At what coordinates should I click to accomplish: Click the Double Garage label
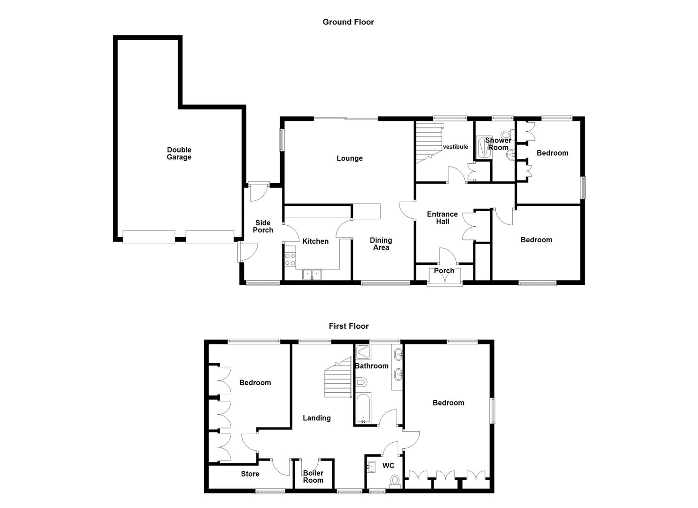[179, 153]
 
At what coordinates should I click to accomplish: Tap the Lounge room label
[349, 159]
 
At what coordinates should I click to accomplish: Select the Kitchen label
[315, 241]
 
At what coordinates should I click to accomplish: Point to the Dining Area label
[381, 244]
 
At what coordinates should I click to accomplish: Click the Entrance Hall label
[442, 218]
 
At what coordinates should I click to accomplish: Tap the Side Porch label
[263, 226]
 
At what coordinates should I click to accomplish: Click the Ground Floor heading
[348, 22]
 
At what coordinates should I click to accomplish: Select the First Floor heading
[348, 326]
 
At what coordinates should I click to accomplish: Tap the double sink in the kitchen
[312, 274]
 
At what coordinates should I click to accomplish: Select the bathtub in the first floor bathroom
[364, 408]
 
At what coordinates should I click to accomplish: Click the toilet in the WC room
[394, 481]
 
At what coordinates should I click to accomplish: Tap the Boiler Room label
[313, 476]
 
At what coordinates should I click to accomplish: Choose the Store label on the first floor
[250, 474]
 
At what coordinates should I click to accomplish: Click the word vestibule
[455, 147]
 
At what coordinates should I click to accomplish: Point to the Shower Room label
[498, 144]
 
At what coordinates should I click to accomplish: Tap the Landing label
[316, 418]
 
